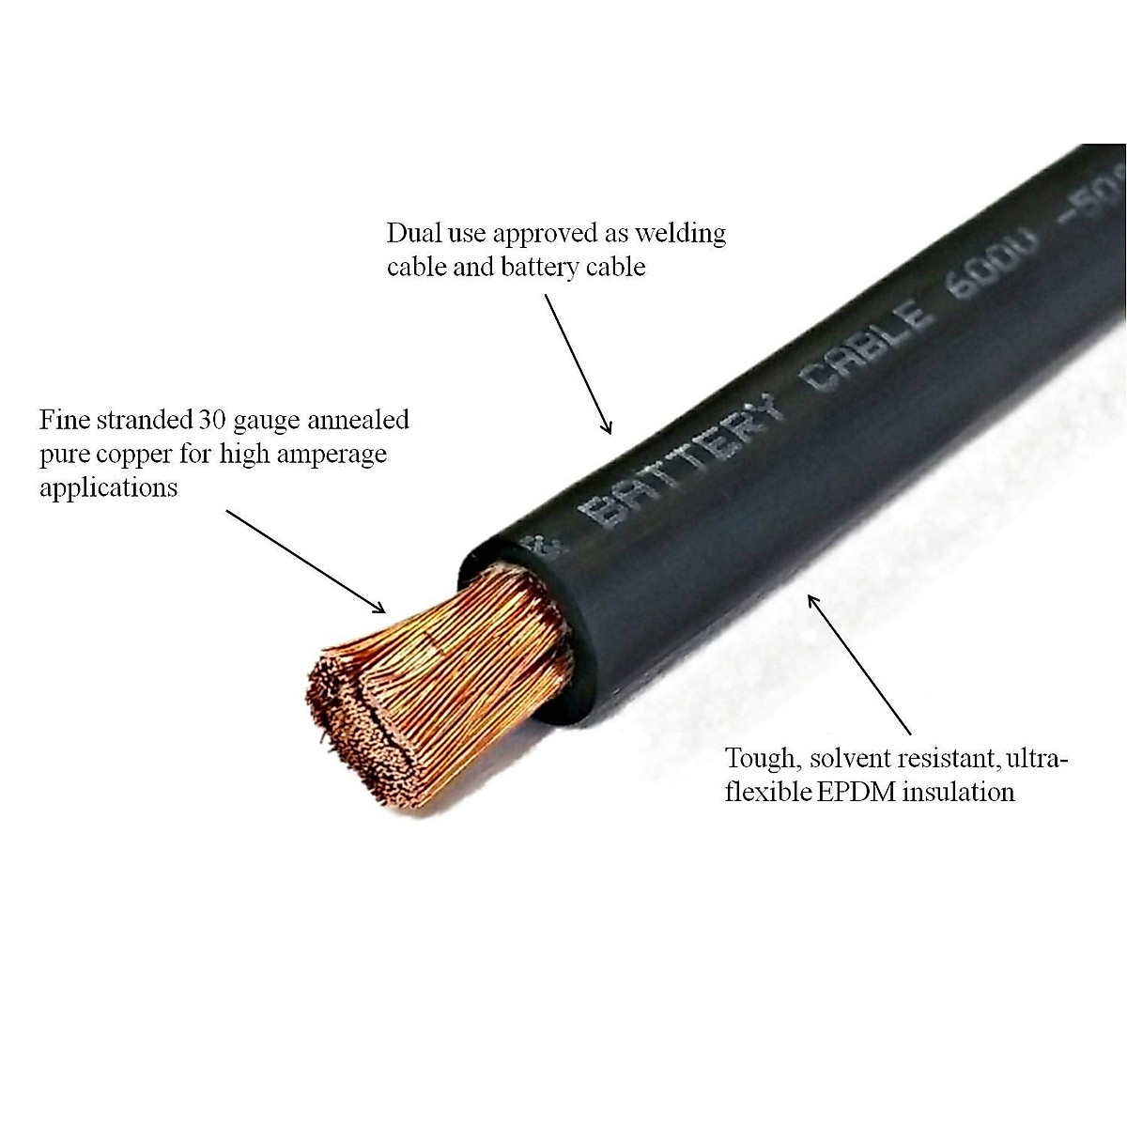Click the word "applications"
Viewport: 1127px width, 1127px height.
[x=109, y=488]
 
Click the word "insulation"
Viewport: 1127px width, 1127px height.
[x=958, y=792]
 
